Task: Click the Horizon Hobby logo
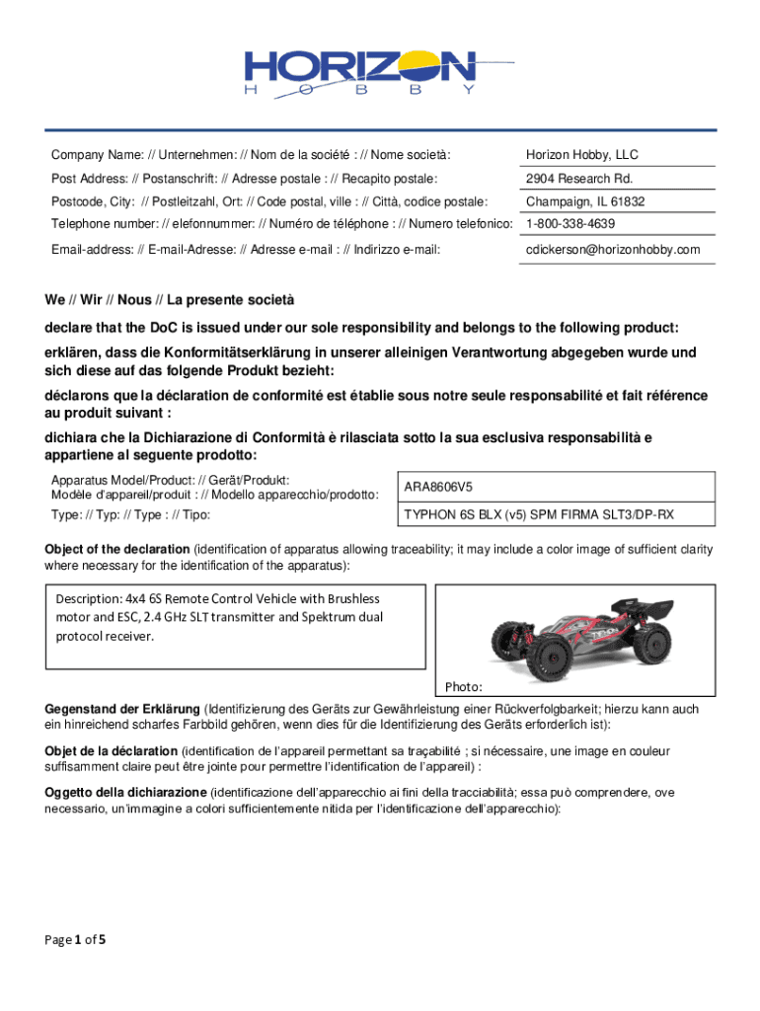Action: pos(379,68)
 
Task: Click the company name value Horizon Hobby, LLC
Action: pos(581,155)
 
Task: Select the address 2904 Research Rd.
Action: pos(578,179)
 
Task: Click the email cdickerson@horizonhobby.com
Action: pos(612,250)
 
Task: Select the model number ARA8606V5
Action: pos(438,487)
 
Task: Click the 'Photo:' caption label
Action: pos(463,686)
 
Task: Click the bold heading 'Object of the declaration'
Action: pos(117,550)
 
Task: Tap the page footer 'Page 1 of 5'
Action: pos(75,939)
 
